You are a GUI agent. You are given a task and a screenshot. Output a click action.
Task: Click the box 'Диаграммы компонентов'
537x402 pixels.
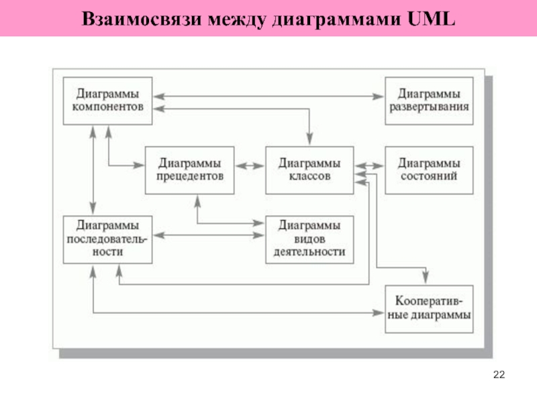click(107, 101)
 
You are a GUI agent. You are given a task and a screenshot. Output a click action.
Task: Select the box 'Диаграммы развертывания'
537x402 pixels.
click(429, 101)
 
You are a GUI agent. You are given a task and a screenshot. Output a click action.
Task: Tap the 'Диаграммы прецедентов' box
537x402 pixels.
click(190, 170)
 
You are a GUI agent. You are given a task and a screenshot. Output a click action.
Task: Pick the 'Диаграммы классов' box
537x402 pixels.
click(309, 170)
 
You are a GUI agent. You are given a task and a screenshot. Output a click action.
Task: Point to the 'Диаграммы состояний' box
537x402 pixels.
click(429, 170)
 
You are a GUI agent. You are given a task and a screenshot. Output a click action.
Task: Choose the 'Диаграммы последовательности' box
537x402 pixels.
click(107, 240)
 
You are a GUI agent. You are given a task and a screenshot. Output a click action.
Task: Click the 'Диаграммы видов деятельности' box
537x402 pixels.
click(309, 240)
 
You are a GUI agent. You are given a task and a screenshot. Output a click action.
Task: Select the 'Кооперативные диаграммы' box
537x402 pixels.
click(429, 309)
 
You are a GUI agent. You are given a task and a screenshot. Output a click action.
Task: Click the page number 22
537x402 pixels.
click(499, 375)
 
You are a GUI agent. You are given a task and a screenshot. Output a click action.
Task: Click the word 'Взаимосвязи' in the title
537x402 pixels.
click(142, 19)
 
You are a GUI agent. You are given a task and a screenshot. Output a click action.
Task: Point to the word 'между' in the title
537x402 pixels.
click(237, 20)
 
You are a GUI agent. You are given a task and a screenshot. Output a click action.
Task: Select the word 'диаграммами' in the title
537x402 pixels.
click(336, 20)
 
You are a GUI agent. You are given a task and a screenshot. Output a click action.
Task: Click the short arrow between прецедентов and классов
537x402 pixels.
click(250, 166)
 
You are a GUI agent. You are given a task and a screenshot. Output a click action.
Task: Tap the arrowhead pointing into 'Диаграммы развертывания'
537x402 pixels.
click(379, 96)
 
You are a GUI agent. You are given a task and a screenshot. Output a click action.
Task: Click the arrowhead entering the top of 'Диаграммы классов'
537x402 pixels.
click(309, 139)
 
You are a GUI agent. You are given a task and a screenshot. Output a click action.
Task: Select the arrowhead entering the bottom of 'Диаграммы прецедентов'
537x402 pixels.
click(197, 202)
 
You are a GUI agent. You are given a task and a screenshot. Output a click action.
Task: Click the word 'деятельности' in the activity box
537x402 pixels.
click(309, 252)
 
